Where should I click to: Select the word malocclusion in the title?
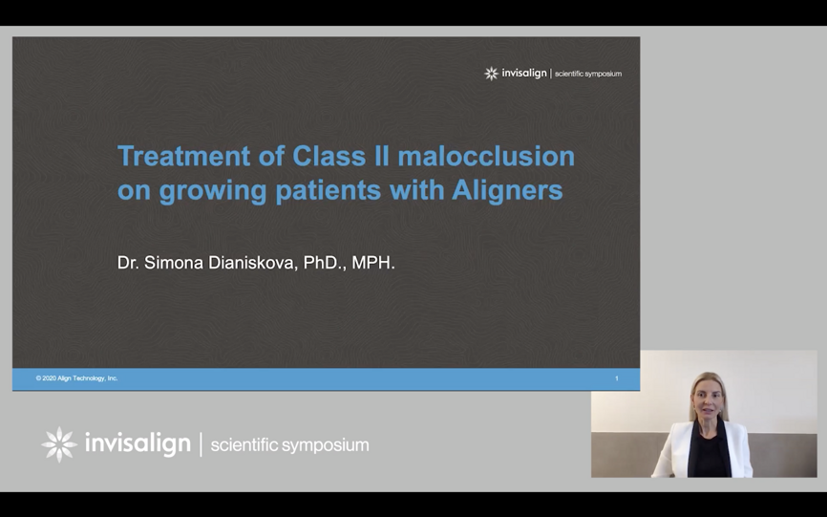click(486, 156)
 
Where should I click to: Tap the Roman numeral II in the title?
click(382, 156)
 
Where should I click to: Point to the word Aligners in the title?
click(507, 191)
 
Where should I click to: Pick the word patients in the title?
click(328, 191)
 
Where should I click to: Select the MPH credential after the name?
click(373, 263)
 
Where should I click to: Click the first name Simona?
click(174, 263)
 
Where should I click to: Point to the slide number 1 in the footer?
click(617, 378)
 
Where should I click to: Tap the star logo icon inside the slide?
click(491, 74)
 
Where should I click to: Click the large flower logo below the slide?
click(59, 444)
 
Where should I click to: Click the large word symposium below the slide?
click(326, 445)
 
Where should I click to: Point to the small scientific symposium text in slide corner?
click(588, 74)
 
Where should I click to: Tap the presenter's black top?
click(709, 453)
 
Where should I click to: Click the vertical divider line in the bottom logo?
click(201, 444)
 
